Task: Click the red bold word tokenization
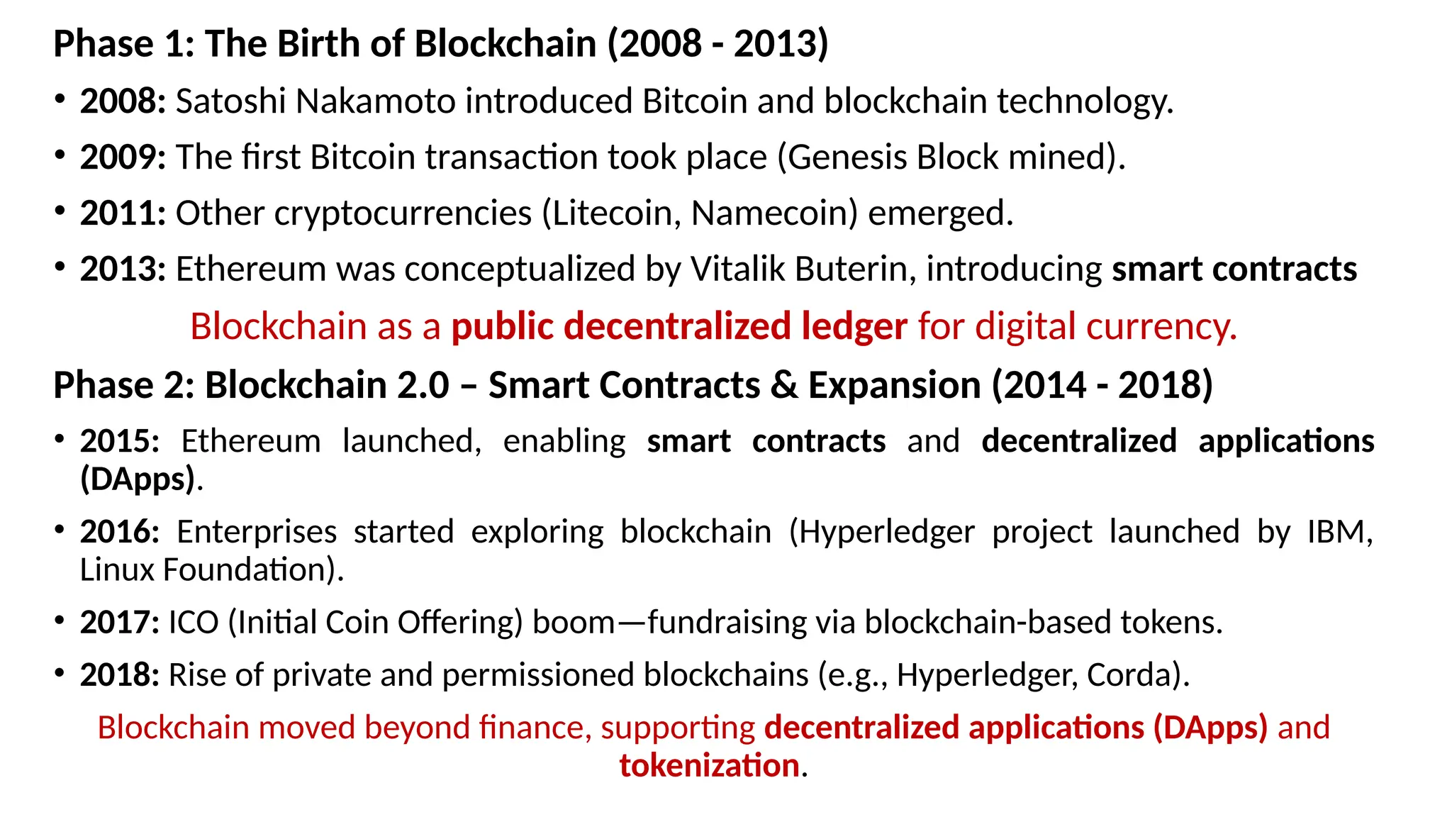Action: (709, 766)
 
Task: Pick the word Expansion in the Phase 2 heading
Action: (895, 386)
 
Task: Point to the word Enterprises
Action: (256, 532)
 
